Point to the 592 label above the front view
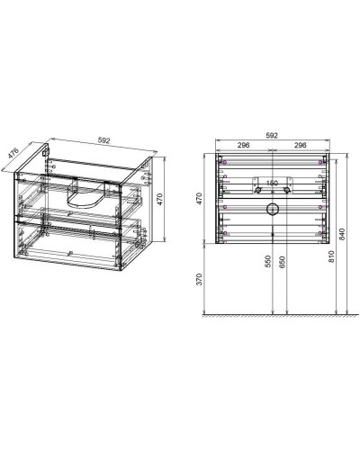click(x=273, y=136)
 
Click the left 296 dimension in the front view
click(x=244, y=146)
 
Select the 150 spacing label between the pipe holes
click(x=272, y=180)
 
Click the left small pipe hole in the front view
click(x=258, y=191)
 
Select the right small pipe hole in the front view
click(x=287, y=191)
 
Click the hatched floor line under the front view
click(x=270, y=317)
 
